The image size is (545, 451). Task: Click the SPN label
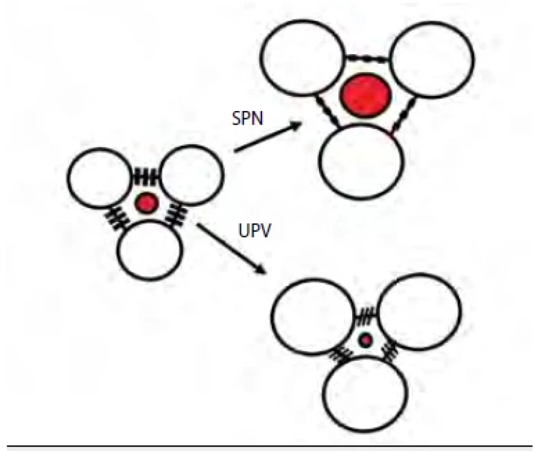pos(247,118)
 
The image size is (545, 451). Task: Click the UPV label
pos(255,230)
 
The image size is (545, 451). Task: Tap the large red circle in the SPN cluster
pos(365,95)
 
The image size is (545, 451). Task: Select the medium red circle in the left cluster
pos(147,203)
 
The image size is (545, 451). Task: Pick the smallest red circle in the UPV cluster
pos(365,341)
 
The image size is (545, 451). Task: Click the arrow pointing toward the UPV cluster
pos(232,248)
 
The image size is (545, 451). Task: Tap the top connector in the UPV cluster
pos(367,315)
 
